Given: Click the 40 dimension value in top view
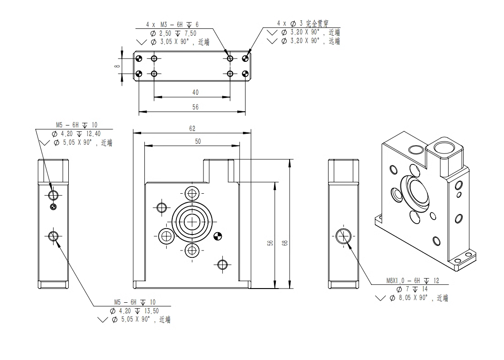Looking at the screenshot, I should (x=196, y=93).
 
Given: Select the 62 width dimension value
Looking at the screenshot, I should (x=192, y=129).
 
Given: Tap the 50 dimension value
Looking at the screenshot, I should (x=198, y=142).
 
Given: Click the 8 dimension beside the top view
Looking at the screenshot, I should (x=118, y=66).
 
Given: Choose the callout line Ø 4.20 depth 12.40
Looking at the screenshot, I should (x=76, y=134).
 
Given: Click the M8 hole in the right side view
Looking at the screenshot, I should (x=343, y=236).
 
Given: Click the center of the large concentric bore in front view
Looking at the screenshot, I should (x=192, y=222).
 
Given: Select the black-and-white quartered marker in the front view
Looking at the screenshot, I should (x=218, y=237).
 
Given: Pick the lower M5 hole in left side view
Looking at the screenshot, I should (x=53, y=236).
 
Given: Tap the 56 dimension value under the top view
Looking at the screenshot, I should (x=196, y=107).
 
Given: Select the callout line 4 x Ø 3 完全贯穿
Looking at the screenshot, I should (x=303, y=23).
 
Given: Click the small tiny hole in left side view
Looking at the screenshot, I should (x=54, y=207).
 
